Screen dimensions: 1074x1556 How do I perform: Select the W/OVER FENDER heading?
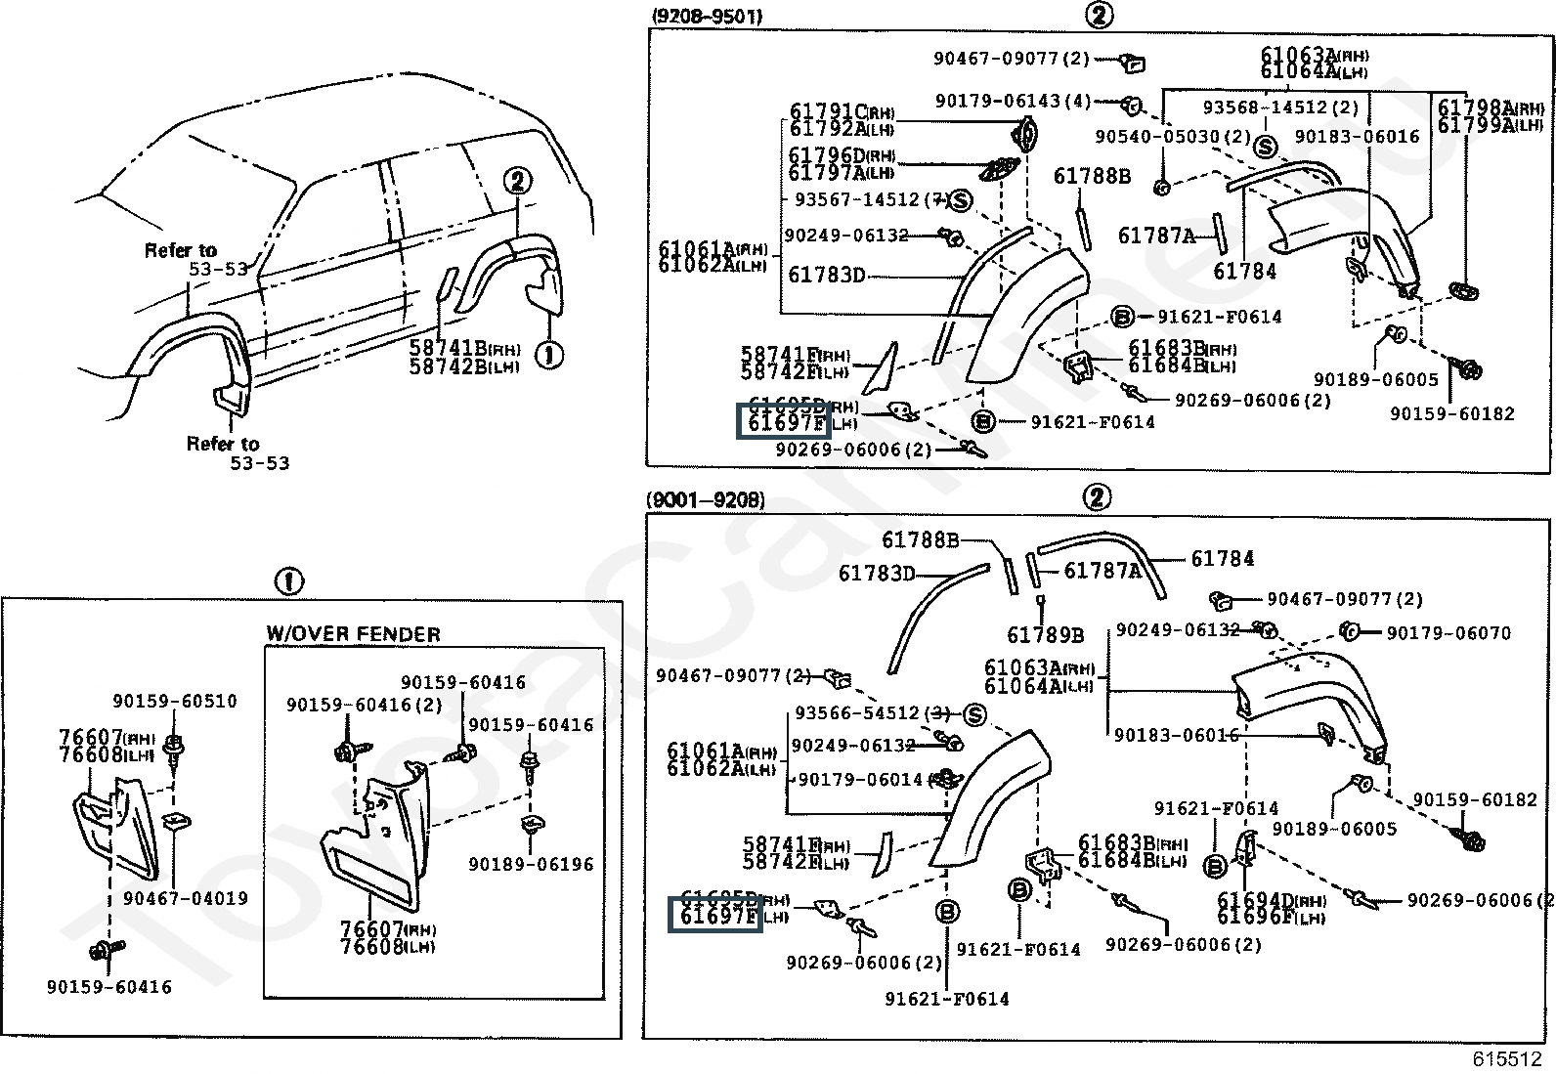pos(353,634)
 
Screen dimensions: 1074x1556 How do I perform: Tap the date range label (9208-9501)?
pos(705,17)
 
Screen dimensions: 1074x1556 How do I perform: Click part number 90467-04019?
pos(186,898)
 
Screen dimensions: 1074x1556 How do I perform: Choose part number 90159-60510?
pos(174,701)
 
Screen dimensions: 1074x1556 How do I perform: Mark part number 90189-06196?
pos(531,864)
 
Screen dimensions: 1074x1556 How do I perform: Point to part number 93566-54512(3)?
pos(872,713)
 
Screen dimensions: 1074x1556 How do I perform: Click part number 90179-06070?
pos(1448,632)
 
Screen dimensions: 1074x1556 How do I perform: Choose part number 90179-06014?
pos(860,779)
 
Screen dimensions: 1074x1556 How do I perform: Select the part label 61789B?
pos(1045,636)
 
